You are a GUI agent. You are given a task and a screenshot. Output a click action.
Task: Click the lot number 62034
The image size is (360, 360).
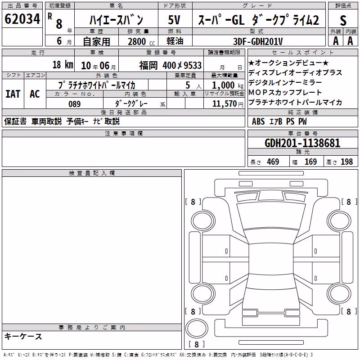[x=22, y=19]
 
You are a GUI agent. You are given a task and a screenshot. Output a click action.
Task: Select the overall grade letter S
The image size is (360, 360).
[x=343, y=20]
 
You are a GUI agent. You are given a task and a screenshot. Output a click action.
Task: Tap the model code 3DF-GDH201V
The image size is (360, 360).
[x=258, y=41]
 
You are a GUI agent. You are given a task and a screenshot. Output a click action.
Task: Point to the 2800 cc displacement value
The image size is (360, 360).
[x=141, y=41]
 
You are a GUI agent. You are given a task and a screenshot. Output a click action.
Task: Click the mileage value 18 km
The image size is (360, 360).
[x=63, y=64]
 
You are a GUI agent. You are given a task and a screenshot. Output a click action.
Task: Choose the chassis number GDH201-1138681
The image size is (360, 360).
[x=302, y=143]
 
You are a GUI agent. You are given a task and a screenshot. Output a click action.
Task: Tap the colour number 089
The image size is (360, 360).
[x=74, y=104]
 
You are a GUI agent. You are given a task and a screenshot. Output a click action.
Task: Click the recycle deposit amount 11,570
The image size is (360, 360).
[x=225, y=104]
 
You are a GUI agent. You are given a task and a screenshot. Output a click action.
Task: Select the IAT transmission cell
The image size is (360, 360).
[x=13, y=94]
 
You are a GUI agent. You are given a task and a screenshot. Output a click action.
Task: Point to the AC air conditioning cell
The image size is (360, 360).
[x=35, y=94]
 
